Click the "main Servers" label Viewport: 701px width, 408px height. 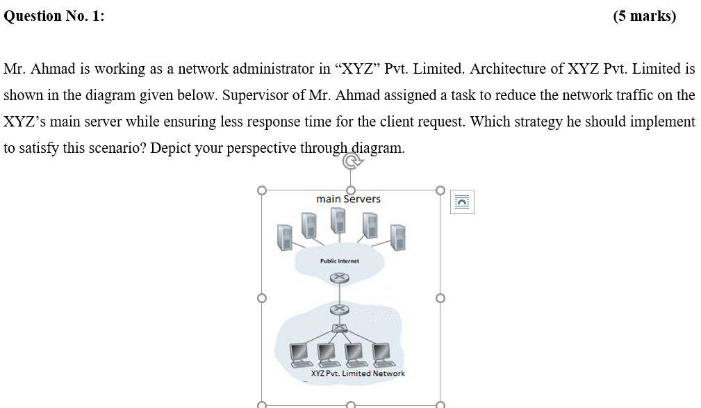pos(348,199)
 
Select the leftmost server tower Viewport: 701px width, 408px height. pos(284,238)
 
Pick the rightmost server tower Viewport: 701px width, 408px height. pos(397,237)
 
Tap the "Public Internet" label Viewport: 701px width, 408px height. pos(339,261)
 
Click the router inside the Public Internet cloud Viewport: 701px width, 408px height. pos(338,278)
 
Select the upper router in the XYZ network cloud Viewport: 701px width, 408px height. pos(338,309)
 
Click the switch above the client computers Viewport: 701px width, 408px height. pos(338,328)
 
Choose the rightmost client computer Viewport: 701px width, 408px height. pos(381,354)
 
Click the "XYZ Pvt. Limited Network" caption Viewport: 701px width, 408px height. pos(358,373)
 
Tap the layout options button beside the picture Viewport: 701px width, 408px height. pos(462,202)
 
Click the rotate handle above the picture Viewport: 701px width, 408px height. pos(352,162)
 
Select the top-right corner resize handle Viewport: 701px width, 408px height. pos(440,189)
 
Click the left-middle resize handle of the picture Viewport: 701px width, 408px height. pos(261,298)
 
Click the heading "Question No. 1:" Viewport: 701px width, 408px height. pos(54,17)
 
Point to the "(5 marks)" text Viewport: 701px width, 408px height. pos(644,17)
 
